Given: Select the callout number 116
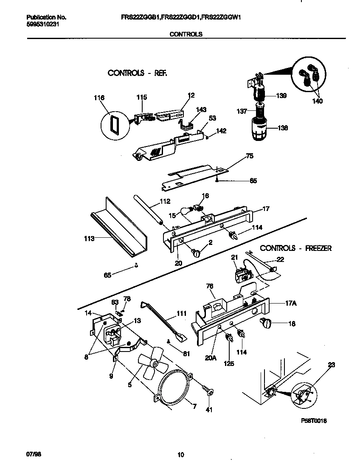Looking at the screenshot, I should (99, 98).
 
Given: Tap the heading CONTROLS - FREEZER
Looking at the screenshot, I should (295, 248).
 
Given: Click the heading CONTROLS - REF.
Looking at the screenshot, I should (137, 73).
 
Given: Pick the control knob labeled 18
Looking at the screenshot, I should (264, 324).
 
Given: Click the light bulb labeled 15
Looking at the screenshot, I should (187, 211).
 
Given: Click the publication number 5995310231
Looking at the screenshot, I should (41, 25).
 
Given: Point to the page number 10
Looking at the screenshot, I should (180, 455).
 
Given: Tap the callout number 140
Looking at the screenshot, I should (317, 101).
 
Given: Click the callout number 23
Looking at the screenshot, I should (332, 364).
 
